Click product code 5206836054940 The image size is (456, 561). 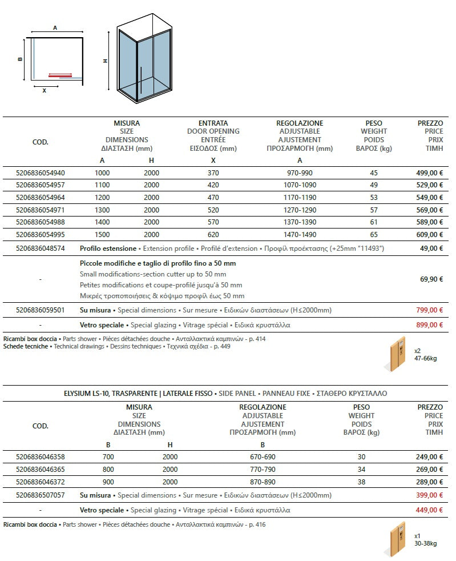click(x=41, y=173)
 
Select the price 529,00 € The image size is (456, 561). click(x=429, y=185)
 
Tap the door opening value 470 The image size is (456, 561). click(x=213, y=197)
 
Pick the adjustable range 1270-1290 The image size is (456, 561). click(x=300, y=210)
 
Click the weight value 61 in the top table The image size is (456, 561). click(x=374, y=222)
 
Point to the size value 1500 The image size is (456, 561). click(x=102, y=234)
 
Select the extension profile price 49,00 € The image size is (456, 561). click(x=431, y=249)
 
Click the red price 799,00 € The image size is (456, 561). click(x=429, y=310)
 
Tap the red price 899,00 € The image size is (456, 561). click(x=429, y=324)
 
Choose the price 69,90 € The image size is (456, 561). click(x=431, y=279)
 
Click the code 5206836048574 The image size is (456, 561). click(x=41, y=249)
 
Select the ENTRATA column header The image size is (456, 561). click(x=213, y=123)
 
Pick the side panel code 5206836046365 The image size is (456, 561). click(x=41, y=470)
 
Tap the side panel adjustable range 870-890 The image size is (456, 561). click(x=263, y=482)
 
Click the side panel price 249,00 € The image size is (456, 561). click(x=429, y=457)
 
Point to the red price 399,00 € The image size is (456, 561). click(x=429, y=495)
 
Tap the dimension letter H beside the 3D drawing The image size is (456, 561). click(x=106, y=61)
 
